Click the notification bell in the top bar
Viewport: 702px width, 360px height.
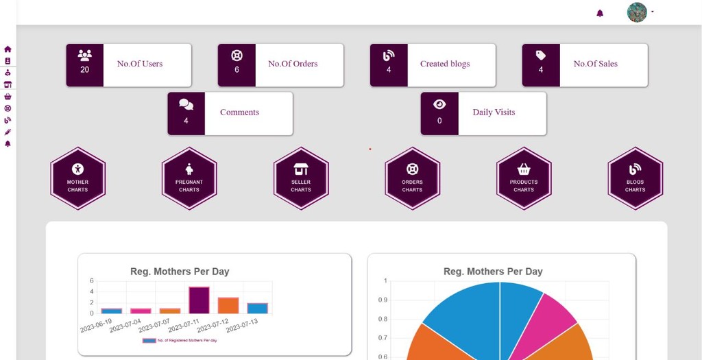(600, 13)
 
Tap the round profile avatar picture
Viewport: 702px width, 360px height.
(637, 12)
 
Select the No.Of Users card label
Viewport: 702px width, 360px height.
(140, 64)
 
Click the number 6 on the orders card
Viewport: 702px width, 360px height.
(237, 70)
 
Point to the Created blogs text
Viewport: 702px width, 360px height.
(445, 64)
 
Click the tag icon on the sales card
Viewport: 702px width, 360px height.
(541, 56)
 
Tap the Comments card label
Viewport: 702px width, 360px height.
(239, 112)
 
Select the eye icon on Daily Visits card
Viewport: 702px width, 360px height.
(439, 104)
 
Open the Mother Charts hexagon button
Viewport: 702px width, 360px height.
(77, 178)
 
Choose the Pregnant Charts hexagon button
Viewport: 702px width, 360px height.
(189, 178)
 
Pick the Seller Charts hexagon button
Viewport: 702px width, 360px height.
(301, 178)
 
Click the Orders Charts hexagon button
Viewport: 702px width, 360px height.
(412, 178)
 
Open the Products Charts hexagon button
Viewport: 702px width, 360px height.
(524, 178)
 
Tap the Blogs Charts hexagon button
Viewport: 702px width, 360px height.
(635, 178)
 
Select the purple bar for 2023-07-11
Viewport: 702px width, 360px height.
(199, 300)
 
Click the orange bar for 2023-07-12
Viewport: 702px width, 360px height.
(228, 306)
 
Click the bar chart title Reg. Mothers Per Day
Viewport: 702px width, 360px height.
(180, 272)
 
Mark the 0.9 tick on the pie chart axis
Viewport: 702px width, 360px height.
(383, 300)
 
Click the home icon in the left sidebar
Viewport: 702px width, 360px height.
(8, 49)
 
